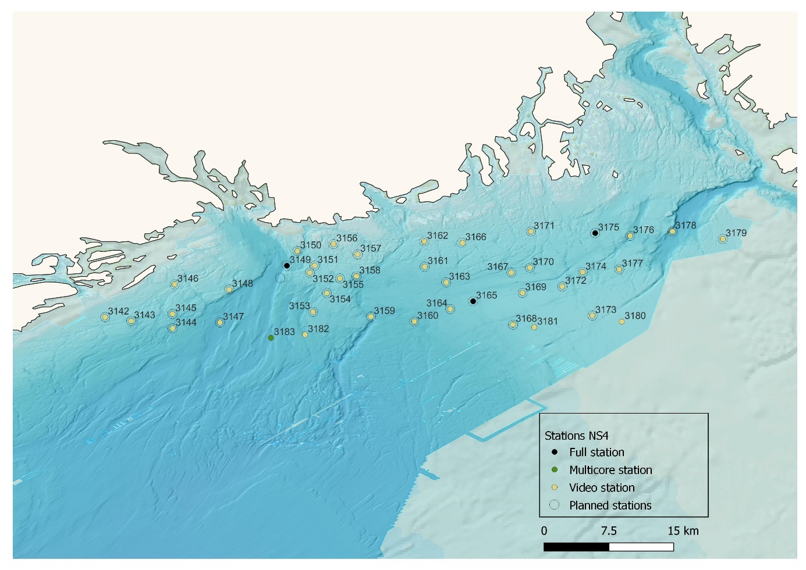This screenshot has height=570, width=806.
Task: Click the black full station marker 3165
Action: (x=473, y=301)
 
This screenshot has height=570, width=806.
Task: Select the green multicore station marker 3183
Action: (x=271, y=338)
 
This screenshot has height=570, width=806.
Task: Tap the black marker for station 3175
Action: (x=595, y=233)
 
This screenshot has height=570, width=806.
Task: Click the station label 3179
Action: (x=736, y=233)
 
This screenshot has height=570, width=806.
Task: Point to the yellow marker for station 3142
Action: (x=105, y=317)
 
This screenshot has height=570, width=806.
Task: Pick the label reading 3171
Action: (x=544, y=226)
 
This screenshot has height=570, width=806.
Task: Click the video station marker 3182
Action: (x=305, y=334)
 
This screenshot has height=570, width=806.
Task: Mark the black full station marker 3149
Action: (x=287, y=266)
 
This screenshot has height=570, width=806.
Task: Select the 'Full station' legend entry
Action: (x=596, y=453)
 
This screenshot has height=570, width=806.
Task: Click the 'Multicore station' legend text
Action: (x=610, y=470)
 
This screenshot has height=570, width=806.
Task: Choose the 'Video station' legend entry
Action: (x=602, y=487)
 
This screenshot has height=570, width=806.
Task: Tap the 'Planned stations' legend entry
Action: (x=610, y=505)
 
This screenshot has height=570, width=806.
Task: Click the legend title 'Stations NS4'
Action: (x=576, y=435)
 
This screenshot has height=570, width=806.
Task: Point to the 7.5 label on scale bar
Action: (x=609, y=530)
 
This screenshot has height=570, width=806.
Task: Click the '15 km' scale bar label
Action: (x=683, y=530)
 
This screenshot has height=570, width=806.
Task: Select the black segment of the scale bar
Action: (x=576, y=547)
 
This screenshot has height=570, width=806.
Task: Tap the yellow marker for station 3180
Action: (x=622, y=322)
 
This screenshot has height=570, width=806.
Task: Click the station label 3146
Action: (x=187, y=279)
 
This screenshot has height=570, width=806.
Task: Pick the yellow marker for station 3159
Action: (x=371, y=317)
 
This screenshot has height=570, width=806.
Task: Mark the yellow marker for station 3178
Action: (x=672, y=231)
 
